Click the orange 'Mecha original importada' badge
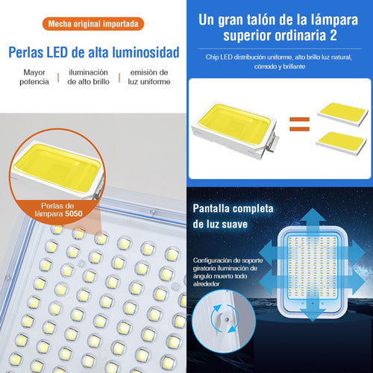[x=93, y=24]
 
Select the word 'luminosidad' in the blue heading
[x=145, y=52]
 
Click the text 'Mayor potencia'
[x=34, y=77]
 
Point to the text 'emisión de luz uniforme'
[x=149, y=77]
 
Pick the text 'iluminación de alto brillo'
[x=88, y=77]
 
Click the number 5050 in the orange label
[x=74, y=213]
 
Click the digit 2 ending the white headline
[x=333, y=35]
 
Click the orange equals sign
[x=299, y=124]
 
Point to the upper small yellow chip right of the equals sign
[x=342, y=114]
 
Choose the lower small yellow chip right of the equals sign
[x=342, y=143]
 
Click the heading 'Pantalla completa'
[x=233, y=208]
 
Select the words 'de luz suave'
[x=220, y=224]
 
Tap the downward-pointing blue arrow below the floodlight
[x=313, y=314]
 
